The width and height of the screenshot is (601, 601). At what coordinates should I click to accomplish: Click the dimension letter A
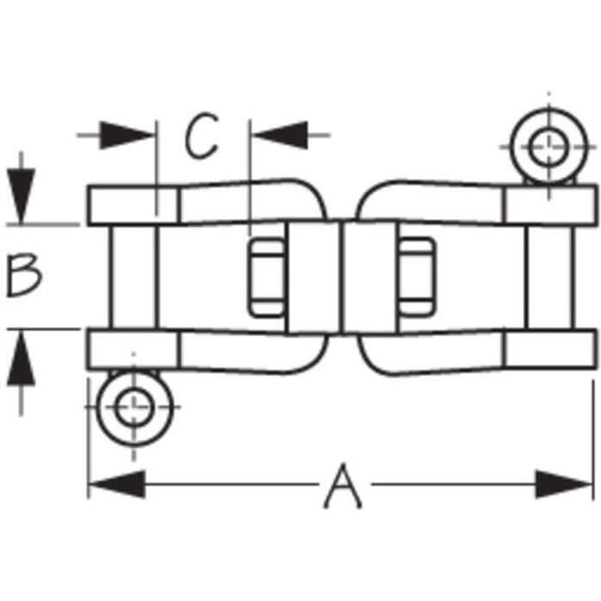[x=343, y=486]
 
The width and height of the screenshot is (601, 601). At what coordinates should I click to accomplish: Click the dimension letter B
[x=24, y=276]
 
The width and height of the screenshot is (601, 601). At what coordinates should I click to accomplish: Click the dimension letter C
[x=201, y=136]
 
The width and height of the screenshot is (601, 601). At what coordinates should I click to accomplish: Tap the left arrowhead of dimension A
[x=117, y=484]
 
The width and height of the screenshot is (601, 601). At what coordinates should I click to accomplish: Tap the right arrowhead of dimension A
[x=564, y=484]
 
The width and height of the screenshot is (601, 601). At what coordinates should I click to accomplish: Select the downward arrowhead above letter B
[x=21, y=196]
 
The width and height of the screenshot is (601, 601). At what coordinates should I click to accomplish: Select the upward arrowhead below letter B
[x=21, y=358]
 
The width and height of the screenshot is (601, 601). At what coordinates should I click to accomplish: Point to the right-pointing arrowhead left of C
[x=126, y=136]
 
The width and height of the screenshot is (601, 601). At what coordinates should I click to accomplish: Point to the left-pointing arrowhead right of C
[x=280, y=136]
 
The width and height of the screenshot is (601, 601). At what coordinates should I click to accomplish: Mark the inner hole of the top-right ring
[x=549, y=148]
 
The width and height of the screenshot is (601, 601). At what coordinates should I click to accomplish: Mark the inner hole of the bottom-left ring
[x=135, y=408]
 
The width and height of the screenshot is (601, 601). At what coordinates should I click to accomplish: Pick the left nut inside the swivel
[x=267, y=277]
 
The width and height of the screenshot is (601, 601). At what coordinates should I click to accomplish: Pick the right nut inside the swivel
[x=416, y=277]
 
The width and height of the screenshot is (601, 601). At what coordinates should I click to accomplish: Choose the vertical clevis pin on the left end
[x=134, y=276]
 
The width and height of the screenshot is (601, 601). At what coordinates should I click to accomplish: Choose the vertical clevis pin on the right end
[x=550, y=276]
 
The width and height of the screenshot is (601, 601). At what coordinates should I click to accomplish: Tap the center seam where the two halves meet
[x=342, y=277]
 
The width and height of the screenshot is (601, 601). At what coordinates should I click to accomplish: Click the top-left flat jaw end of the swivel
[x=133, y=205]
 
